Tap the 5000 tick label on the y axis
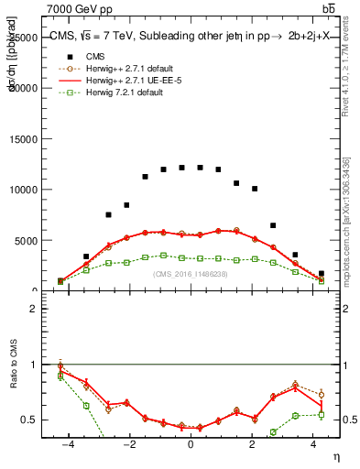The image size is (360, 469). click(x=38, y=241)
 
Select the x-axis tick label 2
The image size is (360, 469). click(x=252, y=444)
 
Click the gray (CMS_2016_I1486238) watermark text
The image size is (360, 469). click(x=191, y=274)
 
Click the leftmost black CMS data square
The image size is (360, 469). click(x=61, y=281)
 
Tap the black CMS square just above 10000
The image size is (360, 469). click(x=255, y=189)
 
